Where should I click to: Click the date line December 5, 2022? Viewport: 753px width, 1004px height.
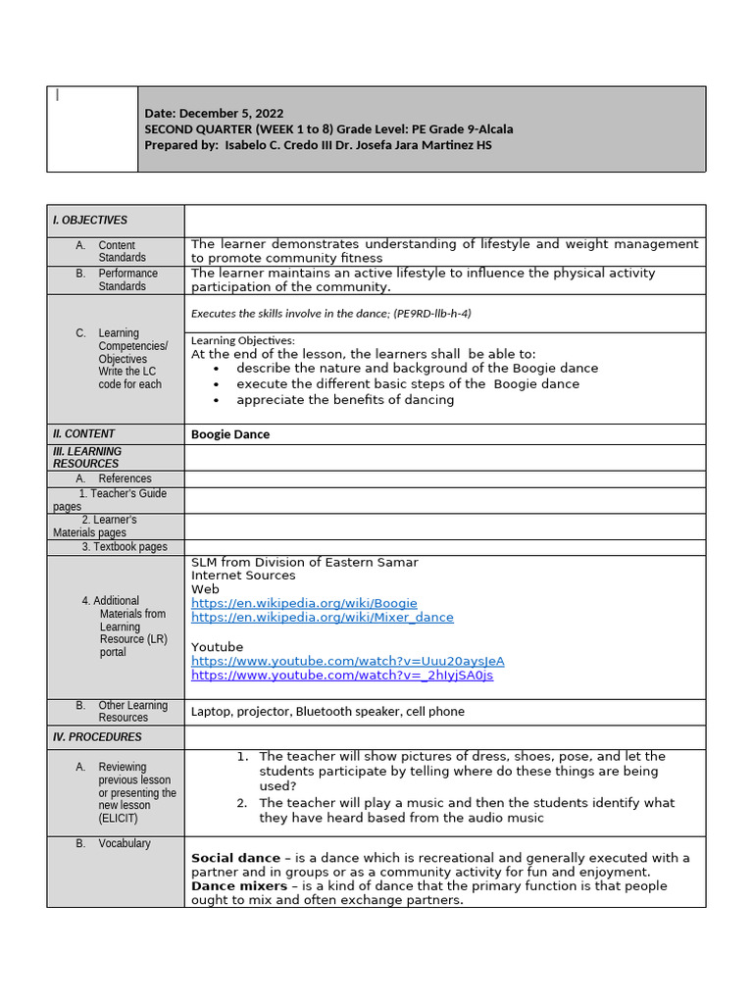[214, 114]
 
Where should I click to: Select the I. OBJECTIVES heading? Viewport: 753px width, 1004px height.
[90, 221]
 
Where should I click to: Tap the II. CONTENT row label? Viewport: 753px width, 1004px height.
[84, 433]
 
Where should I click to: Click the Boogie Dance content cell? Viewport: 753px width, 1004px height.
[230, 434]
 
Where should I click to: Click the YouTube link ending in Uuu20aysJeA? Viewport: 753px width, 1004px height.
[347, 661]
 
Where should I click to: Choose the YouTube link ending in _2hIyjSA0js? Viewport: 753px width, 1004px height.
[342, 676]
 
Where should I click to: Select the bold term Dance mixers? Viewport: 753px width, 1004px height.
[239, 885]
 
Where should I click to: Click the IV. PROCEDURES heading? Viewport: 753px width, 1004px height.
[98, 736]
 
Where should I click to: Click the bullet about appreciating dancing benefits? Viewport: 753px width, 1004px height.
[345, 399]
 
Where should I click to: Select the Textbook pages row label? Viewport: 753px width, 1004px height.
[125, 547]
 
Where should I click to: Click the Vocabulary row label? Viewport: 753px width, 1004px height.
[124, 843]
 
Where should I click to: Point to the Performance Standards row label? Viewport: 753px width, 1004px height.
[126, 279]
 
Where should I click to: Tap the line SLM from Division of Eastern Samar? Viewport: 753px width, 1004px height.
[304, 562]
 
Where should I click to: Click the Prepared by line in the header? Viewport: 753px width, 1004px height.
[318, 145]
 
